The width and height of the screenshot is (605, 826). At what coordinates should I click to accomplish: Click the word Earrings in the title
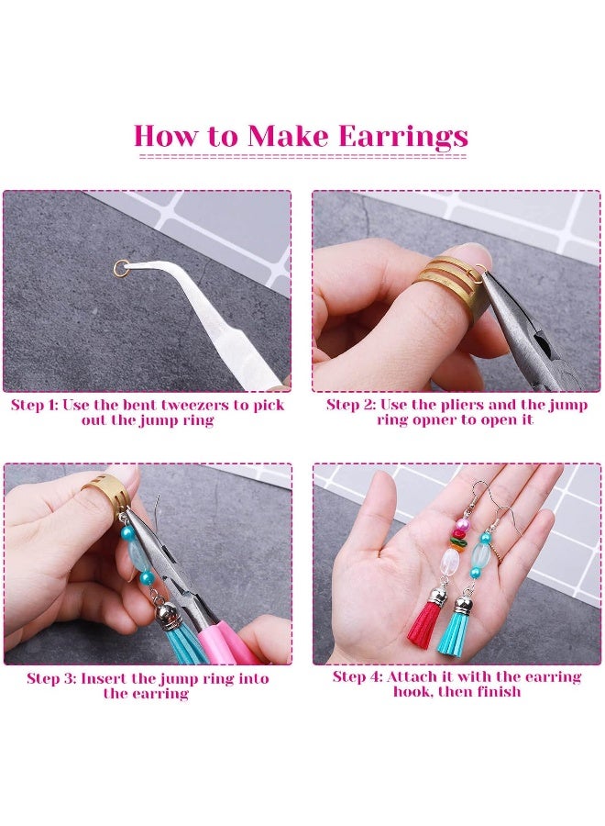[x=403, y=137]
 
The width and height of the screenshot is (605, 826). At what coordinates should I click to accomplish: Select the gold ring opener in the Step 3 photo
[x=103, y=497]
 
